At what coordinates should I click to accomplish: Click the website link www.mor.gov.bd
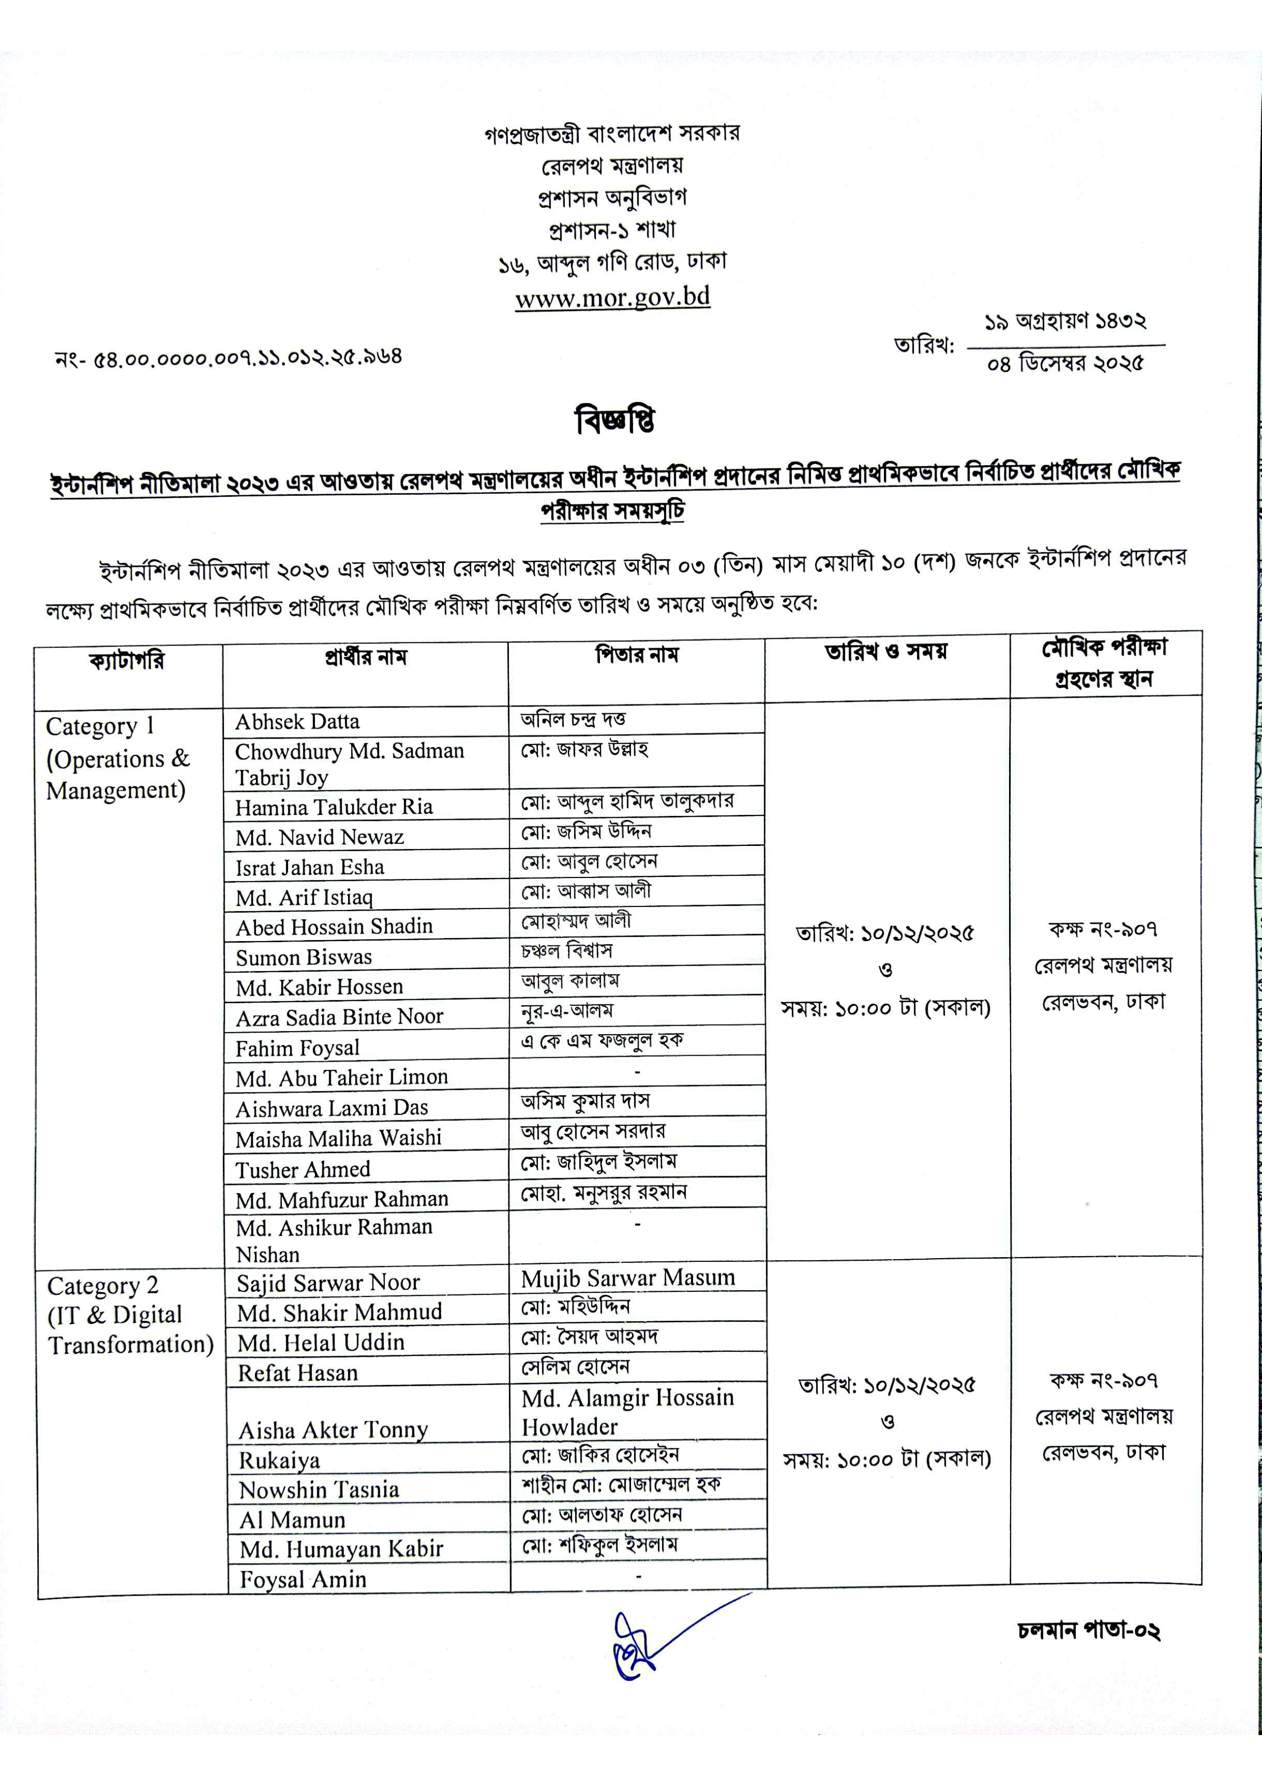click(612, 297)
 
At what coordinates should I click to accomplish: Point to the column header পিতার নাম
click(637, 656)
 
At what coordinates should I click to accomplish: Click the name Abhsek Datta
click(297, 722)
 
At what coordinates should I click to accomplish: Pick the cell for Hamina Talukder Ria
click(334, 807)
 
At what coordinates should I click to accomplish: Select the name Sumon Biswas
click(304, 957)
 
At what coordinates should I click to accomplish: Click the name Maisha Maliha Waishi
click(338, 1139)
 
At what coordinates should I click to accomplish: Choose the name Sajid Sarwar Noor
click(328, 1283)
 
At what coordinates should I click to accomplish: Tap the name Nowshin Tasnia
click(319, 1490)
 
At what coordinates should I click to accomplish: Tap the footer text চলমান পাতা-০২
click(1088, 1630)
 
